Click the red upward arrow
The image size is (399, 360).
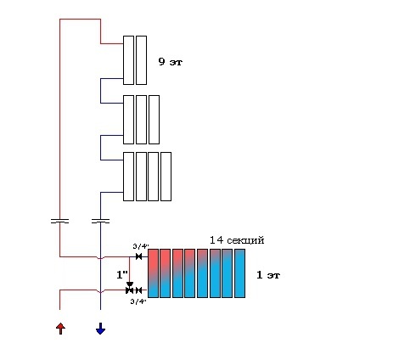60,329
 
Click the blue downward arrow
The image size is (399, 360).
100,329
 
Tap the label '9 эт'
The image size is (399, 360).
171,62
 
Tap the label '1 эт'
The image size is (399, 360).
268,275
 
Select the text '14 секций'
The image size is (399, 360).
237,240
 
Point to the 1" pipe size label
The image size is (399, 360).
122,274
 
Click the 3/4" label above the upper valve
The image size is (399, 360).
141,246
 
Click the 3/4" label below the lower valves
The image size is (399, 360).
138,301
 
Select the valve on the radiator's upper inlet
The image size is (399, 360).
138,256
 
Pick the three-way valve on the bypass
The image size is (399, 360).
130,288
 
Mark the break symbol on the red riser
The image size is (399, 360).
59,221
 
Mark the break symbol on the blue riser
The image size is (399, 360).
100,221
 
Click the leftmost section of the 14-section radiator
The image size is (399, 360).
153,273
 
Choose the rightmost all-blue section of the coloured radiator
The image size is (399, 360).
239,273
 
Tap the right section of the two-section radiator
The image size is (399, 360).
141,60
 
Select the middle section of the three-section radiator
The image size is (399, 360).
141,120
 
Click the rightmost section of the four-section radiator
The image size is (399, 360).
166,177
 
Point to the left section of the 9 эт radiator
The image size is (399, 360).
128,60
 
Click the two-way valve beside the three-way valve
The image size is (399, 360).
138,290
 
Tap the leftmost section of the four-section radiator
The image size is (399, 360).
128,177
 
